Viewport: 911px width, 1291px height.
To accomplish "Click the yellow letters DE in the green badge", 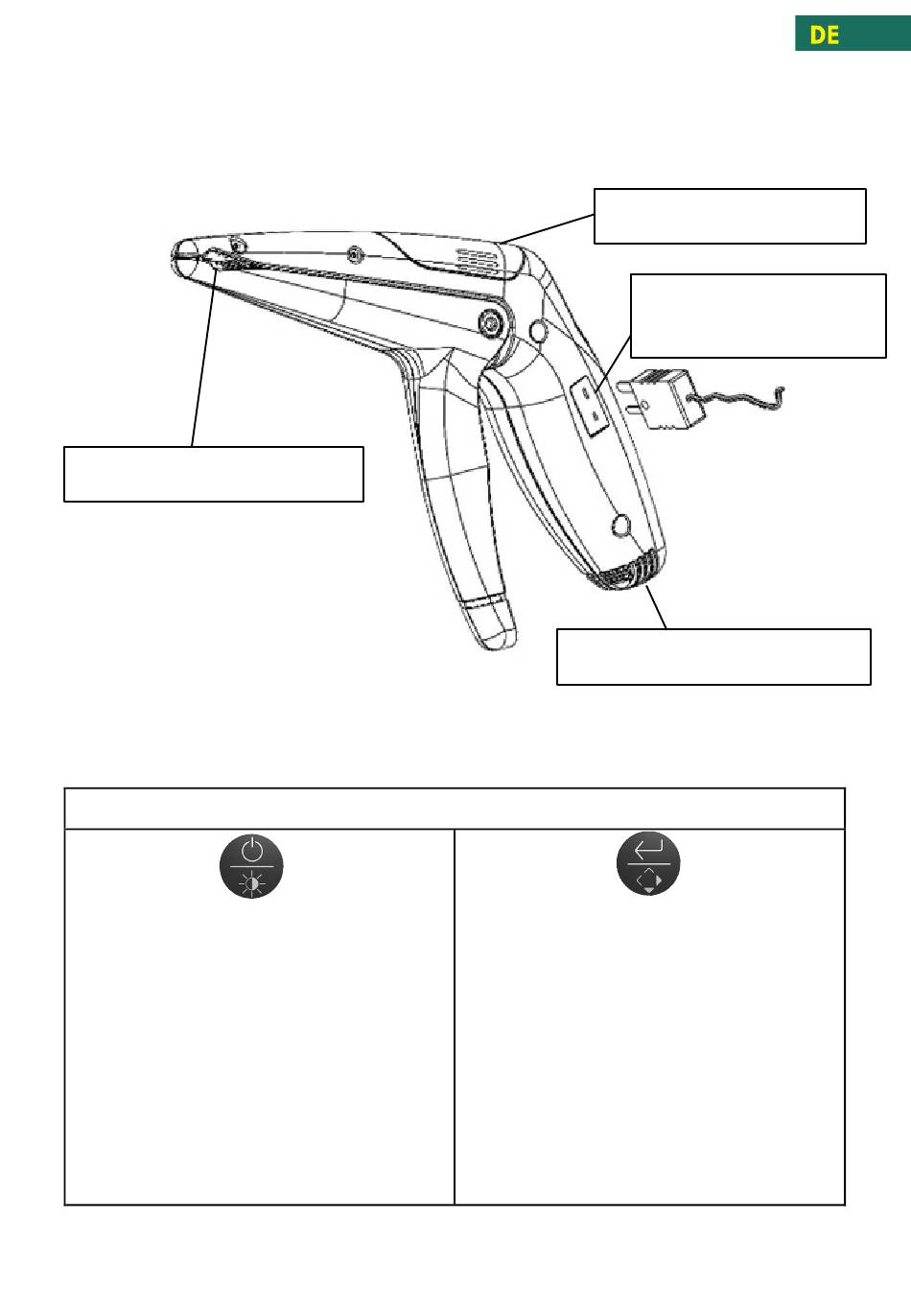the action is (824, 35).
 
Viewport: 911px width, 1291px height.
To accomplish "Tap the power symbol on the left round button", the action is (252, 851).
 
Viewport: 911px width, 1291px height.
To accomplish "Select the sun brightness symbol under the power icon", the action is (252, 884).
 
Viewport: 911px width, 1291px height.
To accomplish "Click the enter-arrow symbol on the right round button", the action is (648, 849).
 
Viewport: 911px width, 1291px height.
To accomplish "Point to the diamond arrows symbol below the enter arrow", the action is (649, 880).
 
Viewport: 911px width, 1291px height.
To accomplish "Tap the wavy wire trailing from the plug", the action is (741, 399).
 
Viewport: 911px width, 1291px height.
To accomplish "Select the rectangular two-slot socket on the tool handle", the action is (590, 405).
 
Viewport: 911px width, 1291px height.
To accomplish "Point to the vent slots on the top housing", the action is (477, 261).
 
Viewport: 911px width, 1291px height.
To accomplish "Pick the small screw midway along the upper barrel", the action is (355, 253).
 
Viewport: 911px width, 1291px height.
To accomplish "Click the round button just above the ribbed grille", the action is (620, 526).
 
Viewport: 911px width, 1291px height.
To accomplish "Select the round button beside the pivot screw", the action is (538, 331).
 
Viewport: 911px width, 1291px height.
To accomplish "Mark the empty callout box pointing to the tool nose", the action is (214, 474).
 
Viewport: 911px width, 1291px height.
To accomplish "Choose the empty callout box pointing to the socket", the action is (759, 316).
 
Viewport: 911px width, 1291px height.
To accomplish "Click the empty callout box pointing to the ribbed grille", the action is (713, 657).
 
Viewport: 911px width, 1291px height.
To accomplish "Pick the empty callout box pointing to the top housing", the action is (730, 216).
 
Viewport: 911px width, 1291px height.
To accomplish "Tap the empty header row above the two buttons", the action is (455, 809).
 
